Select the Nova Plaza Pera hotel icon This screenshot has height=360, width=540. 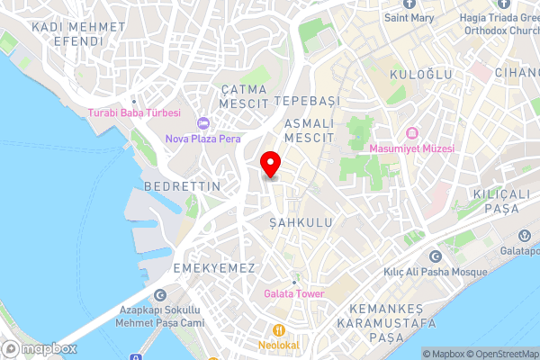(203, 123)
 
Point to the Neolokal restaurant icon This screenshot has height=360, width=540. (281, 329)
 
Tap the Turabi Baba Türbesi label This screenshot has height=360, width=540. (134, 113)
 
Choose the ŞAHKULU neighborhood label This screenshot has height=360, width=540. (301, 221)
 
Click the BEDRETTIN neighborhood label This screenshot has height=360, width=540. (182, 186)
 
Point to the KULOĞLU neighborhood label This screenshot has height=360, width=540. (420, 75)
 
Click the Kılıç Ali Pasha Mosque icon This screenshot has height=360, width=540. (436, 256)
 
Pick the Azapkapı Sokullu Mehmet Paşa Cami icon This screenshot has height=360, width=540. (160, 294)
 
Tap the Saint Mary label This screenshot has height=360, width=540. (410, 17)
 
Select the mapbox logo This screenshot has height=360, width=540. (40, 348)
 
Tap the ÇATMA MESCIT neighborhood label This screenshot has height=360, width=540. (245, 95)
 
